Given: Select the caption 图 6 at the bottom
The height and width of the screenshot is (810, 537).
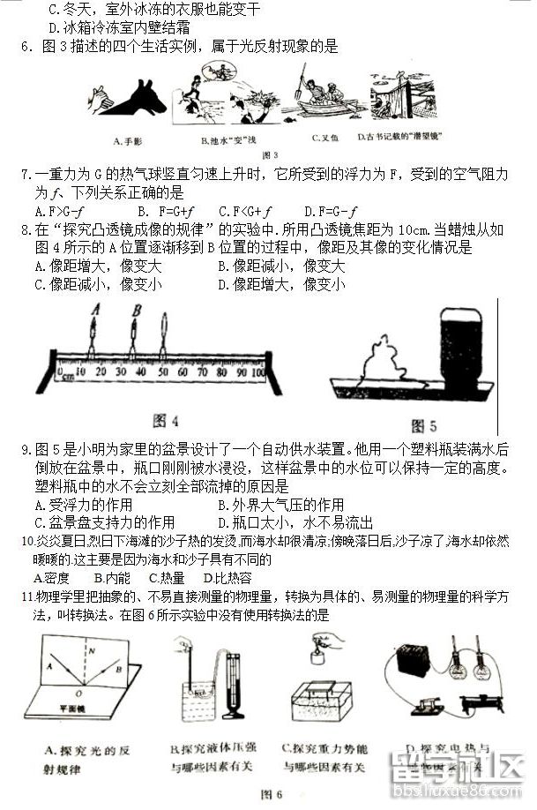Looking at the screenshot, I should pyautogui.click(x=271, y=794).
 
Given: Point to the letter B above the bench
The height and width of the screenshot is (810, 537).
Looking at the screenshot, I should pyautogui.click(x=135, y=310).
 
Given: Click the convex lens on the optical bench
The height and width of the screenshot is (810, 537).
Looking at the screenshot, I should pyautogui.click(x=165, y=335).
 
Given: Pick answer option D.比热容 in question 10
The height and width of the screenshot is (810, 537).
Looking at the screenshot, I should pyautogui.click(x=227, y=578).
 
